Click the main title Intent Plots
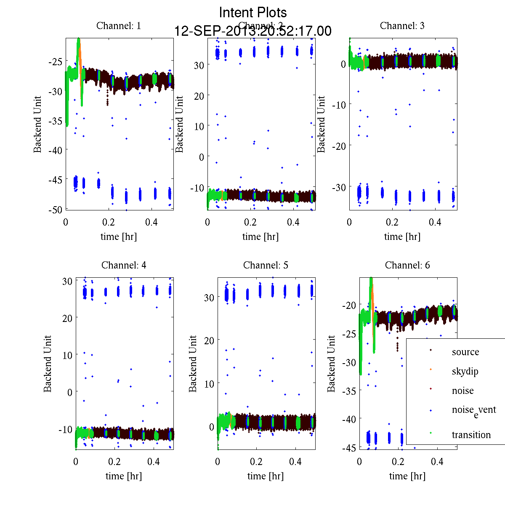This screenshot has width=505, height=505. (253, 12)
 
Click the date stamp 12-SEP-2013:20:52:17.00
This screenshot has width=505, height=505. (253, 31)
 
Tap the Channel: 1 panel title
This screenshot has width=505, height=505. (119, 26)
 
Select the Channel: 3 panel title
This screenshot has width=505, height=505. (402, 26)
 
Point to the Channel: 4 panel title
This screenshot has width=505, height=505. (124, 265)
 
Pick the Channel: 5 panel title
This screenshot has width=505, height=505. (266, 265)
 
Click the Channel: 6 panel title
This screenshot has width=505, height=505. (407, 265)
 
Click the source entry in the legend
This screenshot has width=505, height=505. (465, 352)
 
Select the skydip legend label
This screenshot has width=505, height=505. (465, 372)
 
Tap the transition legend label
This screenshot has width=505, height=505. (471, 435)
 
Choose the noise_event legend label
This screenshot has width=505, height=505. (474, 411)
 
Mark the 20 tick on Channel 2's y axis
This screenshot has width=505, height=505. (199, 96)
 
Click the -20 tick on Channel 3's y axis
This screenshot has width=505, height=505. (339, 146)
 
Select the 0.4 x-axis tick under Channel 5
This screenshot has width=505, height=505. (295, 462)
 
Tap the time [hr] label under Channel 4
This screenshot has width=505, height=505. (124, 476)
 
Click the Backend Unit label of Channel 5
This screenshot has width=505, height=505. (193, 364)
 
